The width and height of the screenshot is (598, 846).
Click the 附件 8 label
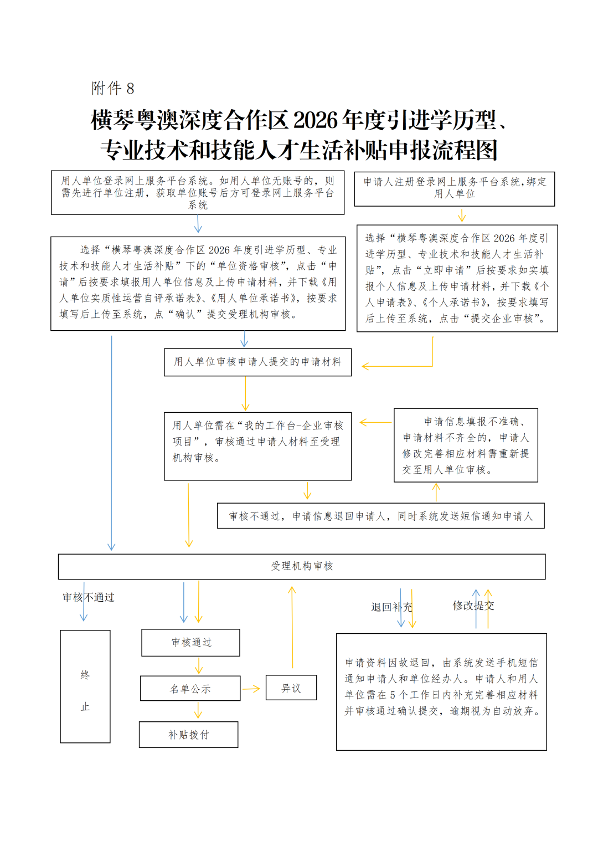pyautogui.click(x=112, y=88)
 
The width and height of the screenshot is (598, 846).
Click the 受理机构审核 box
pyautogui.click(x=302, y=566)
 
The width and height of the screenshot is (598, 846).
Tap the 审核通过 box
pyautogui.click(x=191, y=643)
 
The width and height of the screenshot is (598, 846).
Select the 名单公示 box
pyautogui.click(x=190, y=689)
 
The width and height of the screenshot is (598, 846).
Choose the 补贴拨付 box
pyautogui.click(x=189, y=735)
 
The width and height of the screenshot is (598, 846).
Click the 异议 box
pyautogui.click(x=291, y=688)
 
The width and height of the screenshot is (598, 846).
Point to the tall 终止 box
pyautogui.click(x=85, y=686)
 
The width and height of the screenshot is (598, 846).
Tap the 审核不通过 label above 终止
pyautogui.click(x=89, y=597)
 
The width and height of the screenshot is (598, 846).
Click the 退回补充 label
pyautogui.click(x=391, y=607)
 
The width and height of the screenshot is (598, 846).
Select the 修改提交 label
pyautogui.click(x=473, y=606)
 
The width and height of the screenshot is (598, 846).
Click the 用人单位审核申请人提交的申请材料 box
pyautogui.click(x=258, y=362)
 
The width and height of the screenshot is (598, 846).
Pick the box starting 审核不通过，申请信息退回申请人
pyautogui.click(x=381, y=516)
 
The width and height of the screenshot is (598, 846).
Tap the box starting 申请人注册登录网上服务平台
pyautogui.click(x=455, y=188)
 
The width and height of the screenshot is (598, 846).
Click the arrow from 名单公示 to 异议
pyautogui.click(x=251, y=689)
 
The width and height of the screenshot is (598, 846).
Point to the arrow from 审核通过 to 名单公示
pyautogui.click(x=199, y=666)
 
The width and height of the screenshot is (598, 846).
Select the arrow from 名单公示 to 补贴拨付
pyautogui.click(x=198, y=711)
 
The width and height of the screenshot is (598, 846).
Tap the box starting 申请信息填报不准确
pyautogui.click(x=466, y=445)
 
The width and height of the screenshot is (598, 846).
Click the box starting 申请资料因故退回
pyautogui.click(x=441, y=691)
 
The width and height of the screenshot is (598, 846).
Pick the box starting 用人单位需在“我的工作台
pyautogui.click(x=258, y=446)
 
